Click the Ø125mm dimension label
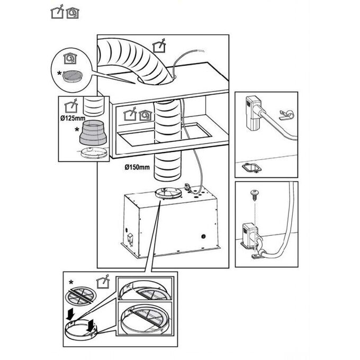click(x=71, y=117)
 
